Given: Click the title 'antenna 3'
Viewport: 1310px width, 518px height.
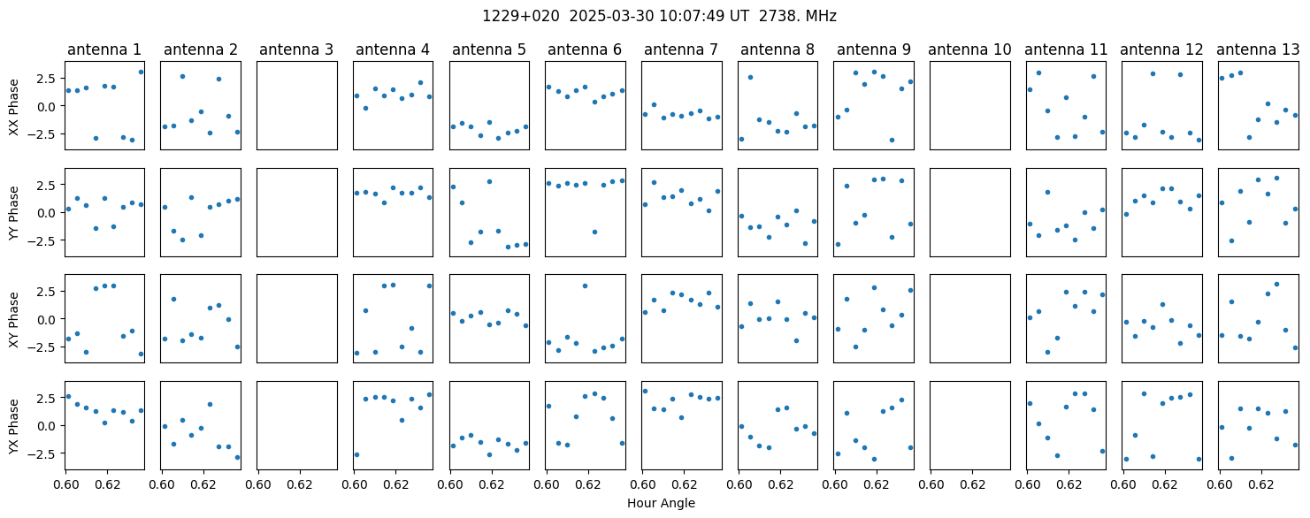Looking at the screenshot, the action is [296, 50].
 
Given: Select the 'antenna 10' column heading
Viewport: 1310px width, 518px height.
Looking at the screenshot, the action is [969, 50].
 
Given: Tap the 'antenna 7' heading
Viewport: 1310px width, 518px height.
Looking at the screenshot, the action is [681, 50].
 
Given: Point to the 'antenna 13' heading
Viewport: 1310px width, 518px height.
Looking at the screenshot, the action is [1258, 50].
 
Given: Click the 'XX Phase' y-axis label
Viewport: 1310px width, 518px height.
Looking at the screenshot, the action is [14, 107].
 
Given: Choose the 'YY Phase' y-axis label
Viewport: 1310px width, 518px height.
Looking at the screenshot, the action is [14, 213].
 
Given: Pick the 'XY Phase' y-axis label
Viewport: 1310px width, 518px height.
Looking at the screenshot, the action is [14, 319].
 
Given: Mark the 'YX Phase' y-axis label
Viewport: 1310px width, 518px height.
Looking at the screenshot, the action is [14, 425].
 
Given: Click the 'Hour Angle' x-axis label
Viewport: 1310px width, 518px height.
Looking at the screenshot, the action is [661, 503].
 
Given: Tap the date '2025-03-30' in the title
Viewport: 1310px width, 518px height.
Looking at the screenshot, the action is [612, 17].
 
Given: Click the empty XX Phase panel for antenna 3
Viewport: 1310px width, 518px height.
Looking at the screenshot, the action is [297, 105].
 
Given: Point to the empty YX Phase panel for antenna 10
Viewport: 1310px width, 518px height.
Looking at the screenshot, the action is [970, 425].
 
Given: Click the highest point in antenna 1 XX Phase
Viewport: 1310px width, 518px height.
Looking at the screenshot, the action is [141, 72].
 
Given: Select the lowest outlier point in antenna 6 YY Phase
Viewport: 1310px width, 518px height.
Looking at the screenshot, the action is [594, 232].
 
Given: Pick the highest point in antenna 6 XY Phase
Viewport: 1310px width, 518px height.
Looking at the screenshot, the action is [585, 286].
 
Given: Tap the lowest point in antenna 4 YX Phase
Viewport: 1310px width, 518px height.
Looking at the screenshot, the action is [356, 454].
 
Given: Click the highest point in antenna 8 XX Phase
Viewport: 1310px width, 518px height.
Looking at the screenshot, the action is [750, 77].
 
